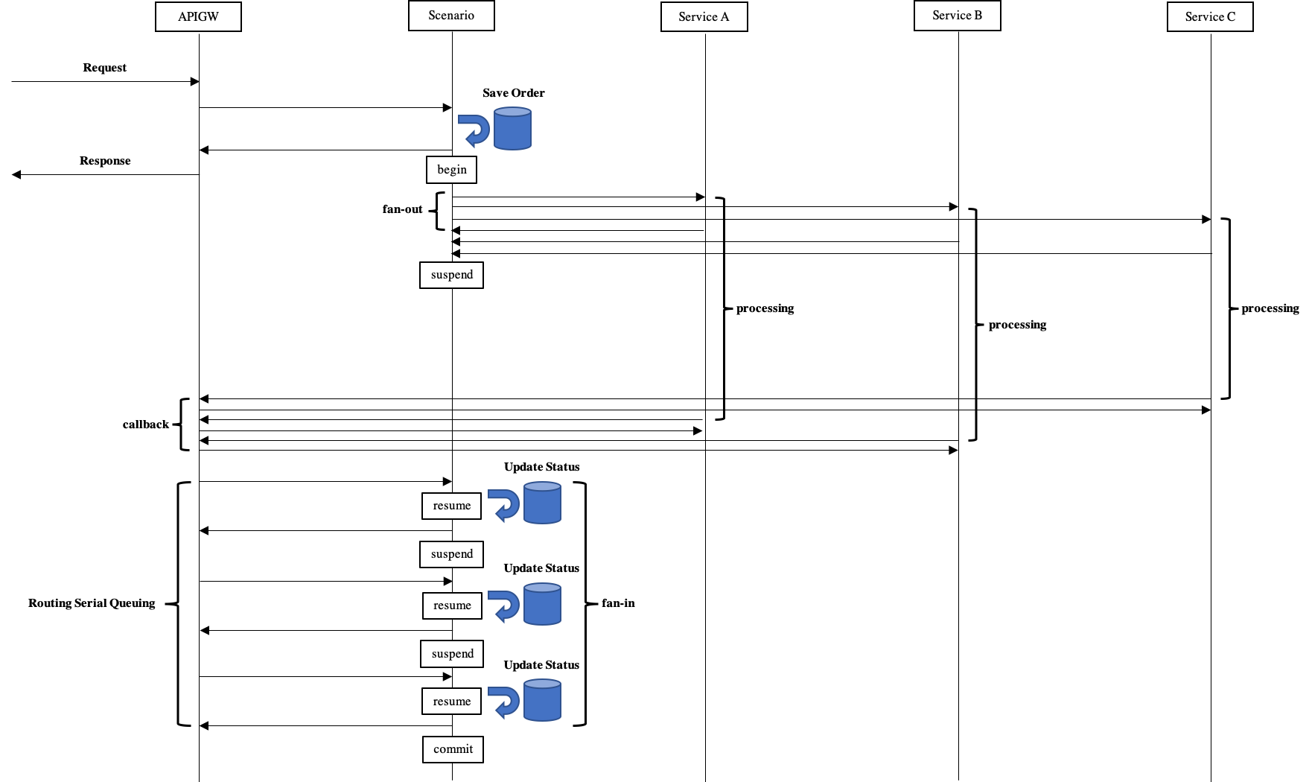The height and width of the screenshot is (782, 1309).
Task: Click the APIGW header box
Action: coord(198,17)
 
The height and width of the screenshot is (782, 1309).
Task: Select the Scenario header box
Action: coord(451,16)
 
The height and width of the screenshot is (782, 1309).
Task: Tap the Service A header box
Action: coord(704,17)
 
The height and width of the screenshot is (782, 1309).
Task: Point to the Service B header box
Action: coord(957,16)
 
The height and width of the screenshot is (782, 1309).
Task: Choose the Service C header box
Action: coord(1210,17)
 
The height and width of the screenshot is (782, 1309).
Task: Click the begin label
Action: coord(451,170)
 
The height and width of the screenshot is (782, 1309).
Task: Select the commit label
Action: coord(453,749)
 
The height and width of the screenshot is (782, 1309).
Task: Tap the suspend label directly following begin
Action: coord(451,275)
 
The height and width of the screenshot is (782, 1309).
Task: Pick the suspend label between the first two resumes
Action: coord(451,554)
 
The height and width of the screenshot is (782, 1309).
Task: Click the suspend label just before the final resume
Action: coord(452,654)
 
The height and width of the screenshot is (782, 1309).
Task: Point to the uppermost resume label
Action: coord(451,506)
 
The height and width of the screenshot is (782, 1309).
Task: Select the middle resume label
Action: coord(452,605)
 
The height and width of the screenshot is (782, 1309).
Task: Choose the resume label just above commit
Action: coord(451,702)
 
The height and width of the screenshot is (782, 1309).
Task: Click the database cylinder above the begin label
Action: coord(512,129)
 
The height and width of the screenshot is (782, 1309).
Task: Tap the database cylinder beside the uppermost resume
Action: coord(542,503)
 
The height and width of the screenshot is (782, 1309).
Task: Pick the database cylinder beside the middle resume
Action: coord(542,604)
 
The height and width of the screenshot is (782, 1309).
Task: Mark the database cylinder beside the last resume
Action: coord(542,700)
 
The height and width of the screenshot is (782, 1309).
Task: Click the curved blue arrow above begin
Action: coord(474,130)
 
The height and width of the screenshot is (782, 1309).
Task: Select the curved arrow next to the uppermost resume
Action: coord(504,505)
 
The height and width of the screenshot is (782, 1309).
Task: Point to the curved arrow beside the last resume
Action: coord(504,702)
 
